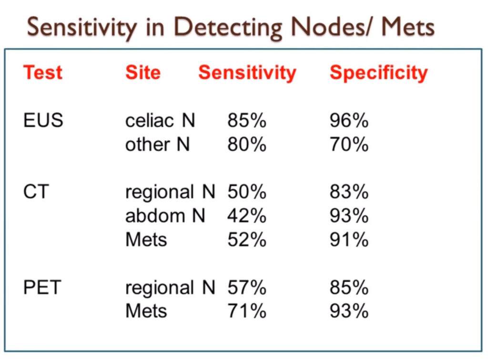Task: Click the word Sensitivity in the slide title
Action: click(x=81, y=27)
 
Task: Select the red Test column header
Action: click(x=43, y=72)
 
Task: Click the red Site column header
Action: click(x=143, y=72)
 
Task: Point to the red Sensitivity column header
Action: click(x=247, y=72)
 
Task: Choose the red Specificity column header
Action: click(x=379, y=72)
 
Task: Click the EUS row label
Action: click(x=43, y=121)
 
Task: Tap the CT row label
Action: click(x=36, y=192)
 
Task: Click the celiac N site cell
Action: click(x=160, y=121)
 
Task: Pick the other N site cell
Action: click(x=158, y=144)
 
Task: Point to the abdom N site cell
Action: click(x=165, y=216)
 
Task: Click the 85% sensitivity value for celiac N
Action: click(x=247, y=121)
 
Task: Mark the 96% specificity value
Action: click(x=349, y=121)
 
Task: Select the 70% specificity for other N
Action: click(x=349, y=144)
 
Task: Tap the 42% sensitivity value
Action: click(x=247, y=216)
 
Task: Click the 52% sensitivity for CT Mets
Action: click(x=247, y=239)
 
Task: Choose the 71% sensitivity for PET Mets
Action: click(x=247, y=311)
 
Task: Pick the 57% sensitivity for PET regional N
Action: click(x=247, y=288)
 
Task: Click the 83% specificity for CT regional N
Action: click(x=349, y=192)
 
